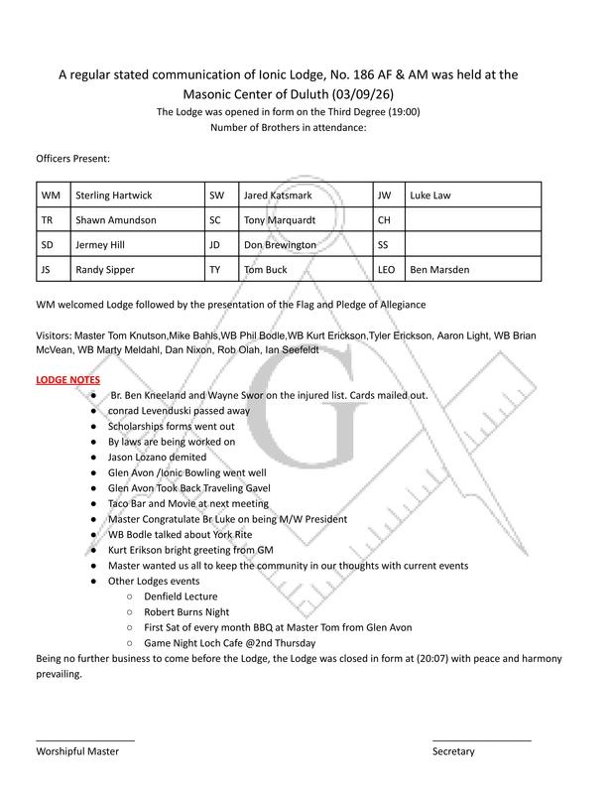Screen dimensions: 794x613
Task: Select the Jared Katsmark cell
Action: coord(303,196)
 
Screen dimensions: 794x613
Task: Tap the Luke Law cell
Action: coord(471,196)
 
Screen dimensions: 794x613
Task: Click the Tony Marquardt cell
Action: coord(303,220)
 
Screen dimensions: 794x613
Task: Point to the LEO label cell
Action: coord(388,268)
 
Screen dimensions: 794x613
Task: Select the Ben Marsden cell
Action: coord(471,268)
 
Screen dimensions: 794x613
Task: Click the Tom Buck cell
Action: coord(303,268)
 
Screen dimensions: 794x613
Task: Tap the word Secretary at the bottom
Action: coord(453,751)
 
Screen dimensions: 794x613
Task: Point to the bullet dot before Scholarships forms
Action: coord(92,426)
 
